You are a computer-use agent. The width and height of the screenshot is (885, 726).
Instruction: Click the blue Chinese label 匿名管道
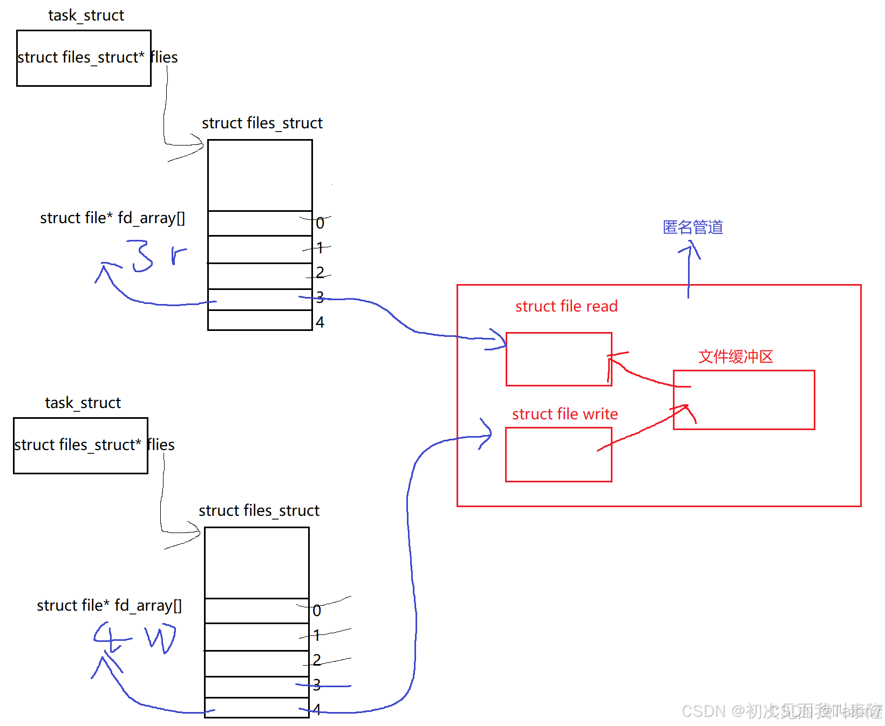point(692,227)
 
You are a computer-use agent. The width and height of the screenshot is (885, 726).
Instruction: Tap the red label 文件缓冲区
point(736,357)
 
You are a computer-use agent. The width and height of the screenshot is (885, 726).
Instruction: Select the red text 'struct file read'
point(566,306)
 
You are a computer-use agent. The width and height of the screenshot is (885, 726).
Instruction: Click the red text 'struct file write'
point(564,414)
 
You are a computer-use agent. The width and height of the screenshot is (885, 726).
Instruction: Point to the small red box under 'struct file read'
point(559,359)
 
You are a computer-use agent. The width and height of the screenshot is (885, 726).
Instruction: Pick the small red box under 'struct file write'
point(558,454)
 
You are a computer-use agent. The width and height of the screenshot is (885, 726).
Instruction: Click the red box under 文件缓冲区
point(744,399)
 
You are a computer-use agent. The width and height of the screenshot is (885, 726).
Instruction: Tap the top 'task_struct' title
point(86,15)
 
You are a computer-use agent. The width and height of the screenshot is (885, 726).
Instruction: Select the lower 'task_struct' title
point(83,403)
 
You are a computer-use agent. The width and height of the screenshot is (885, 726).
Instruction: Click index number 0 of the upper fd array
point(320,223)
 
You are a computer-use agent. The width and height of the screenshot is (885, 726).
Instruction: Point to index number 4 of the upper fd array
point(320,322)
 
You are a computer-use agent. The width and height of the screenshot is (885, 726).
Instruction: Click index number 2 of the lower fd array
point(317,660)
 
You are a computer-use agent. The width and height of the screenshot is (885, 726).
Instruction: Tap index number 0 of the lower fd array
point(317,611)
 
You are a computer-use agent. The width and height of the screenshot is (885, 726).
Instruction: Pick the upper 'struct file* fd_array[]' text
point(112,218)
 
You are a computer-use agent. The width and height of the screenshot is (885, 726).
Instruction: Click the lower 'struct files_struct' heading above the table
point(258,510)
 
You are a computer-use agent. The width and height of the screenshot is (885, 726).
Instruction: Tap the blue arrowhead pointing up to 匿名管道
point(690,250)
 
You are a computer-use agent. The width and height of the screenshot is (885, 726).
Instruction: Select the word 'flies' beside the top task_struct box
point(164,57)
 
